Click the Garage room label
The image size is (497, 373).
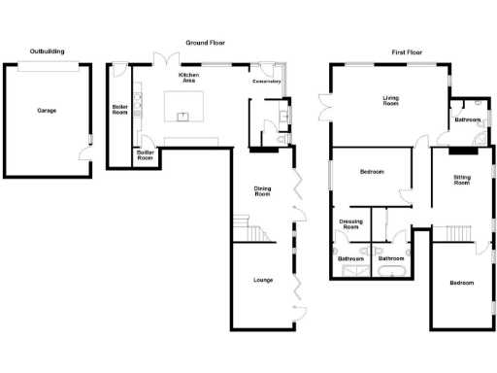(x=46, y=111)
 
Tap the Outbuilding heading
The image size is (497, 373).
(x=47, y=51)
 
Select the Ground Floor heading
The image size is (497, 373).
(x=205, y=44)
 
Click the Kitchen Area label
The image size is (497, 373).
(x=188, y=79)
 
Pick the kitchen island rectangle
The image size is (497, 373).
(x=185, y=105)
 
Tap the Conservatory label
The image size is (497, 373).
(x=267, y=82)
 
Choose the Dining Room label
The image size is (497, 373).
(x=262, y=191)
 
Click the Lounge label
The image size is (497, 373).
(x=262, y=280)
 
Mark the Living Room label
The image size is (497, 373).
(x=390, y=101)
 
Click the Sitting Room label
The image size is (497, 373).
(x=462, y=180)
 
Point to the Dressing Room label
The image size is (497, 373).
(x=350, y=224)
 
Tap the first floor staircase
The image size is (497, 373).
(x=451, y=233)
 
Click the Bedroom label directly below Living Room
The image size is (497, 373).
(x=372, y=172)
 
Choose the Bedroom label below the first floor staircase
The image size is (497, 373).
(x=461, y=283)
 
